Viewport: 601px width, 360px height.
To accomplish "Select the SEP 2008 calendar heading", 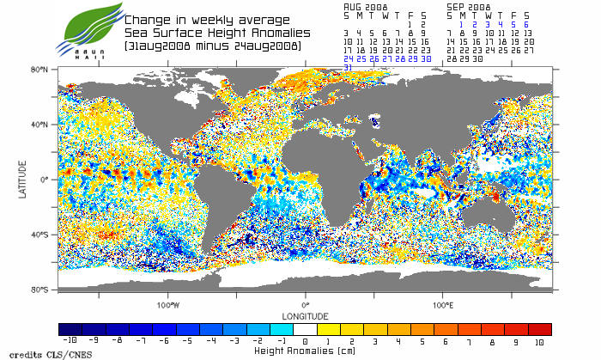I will pyautogui.click(x=468, y=6).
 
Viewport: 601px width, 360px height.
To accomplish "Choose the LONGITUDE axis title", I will pyautogui.click(x=306, y=314).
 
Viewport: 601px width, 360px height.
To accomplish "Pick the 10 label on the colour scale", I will pyautogui.click(x=539, y=340).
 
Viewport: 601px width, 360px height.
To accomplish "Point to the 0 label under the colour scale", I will pyautogui.click(x=305, y=340).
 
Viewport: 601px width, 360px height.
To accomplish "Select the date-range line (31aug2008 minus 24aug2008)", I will pyautogui.click(x=212, y=45).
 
